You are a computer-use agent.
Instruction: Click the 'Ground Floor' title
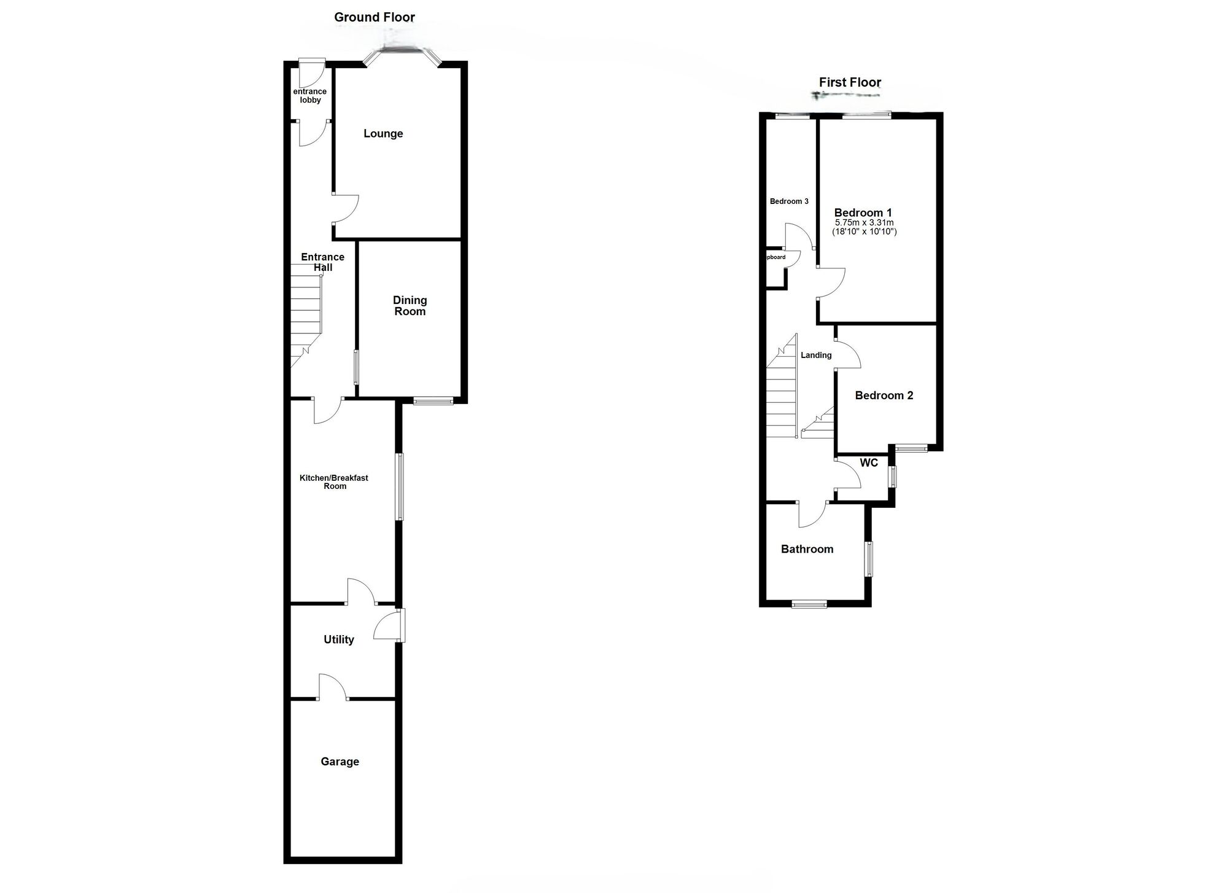375,17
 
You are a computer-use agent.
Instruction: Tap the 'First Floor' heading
850,82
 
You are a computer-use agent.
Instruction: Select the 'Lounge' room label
383,133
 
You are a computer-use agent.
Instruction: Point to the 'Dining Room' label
410,305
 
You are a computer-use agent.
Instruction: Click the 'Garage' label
340,762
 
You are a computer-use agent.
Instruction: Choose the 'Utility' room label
339,639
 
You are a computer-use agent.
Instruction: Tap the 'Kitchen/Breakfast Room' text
334,482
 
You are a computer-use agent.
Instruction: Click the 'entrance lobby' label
310,96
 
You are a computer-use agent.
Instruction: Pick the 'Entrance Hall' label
322,262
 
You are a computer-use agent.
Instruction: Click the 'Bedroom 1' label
863,213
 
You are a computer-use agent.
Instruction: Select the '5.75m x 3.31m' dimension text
864,222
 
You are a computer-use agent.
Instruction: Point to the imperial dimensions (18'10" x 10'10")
864,232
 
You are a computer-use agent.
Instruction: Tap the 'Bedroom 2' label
884,396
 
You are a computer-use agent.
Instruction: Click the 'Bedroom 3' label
789,201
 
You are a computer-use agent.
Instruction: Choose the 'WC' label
869,462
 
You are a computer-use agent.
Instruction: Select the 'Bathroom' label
807,549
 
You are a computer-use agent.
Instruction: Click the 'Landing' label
816,355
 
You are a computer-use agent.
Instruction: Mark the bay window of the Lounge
402,52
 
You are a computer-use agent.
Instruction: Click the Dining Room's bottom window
433,401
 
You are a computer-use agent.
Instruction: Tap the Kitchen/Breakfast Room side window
400,486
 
